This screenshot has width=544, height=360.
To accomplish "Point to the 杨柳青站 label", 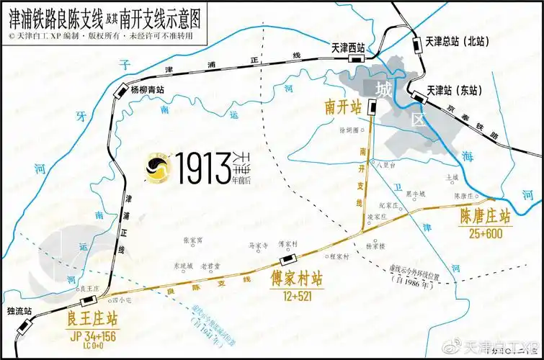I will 147,90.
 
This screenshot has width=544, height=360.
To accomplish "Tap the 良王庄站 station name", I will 92,318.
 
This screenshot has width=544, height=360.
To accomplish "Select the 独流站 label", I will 19,311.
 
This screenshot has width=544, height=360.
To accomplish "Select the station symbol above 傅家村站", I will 287,261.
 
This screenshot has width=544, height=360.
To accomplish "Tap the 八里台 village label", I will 388,163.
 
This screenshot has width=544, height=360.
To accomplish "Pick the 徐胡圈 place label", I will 348,130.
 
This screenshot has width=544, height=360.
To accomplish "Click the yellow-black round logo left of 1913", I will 156,169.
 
